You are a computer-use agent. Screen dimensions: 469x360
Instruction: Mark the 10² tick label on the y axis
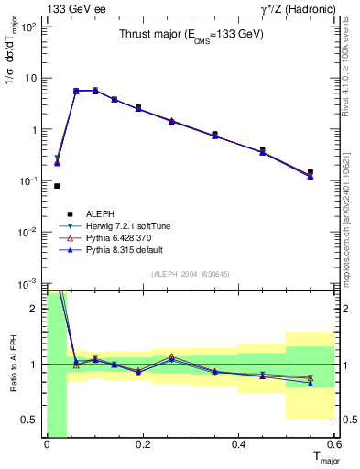[x=29, y=27]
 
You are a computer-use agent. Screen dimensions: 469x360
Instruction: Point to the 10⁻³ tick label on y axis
[x=29, y=283]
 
